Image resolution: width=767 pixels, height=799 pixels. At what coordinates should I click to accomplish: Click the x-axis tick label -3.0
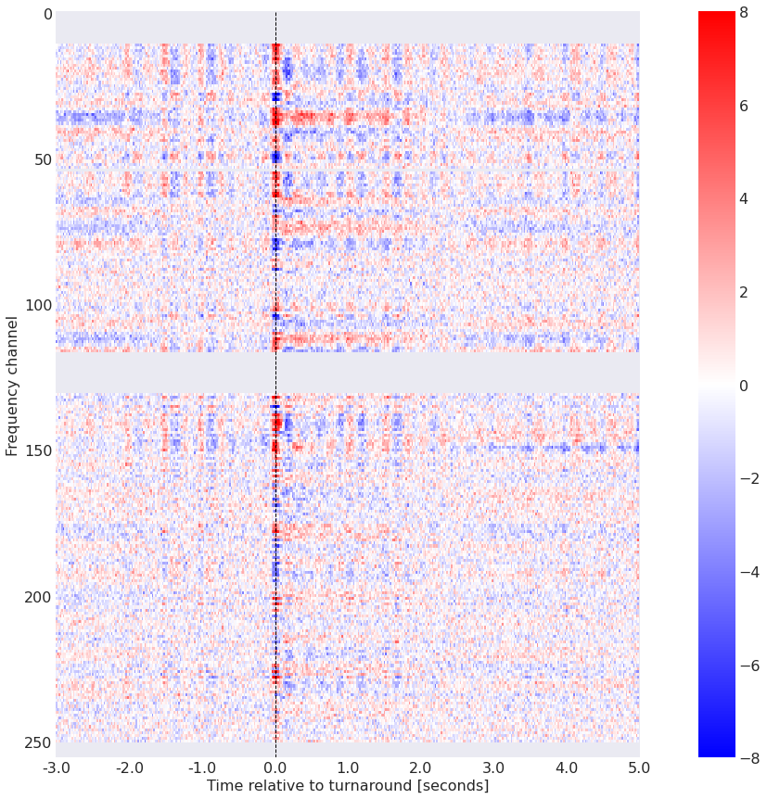[56, 768]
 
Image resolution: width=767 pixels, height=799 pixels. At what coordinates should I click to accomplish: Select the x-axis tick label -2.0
[129, 768]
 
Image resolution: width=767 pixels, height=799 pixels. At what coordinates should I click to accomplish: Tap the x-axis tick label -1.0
[202, 768]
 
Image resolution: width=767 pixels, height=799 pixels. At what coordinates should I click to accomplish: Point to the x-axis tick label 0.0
[275, 768]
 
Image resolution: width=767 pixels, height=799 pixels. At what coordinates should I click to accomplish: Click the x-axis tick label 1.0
[348, 768]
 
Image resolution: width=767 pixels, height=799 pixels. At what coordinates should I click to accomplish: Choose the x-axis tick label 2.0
[421, 768]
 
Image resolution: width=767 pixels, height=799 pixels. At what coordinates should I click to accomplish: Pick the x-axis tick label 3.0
[493, 768]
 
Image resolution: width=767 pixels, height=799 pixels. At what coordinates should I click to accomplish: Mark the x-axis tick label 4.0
[567, 768]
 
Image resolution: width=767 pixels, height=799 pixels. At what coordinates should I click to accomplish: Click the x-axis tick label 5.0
[639, 768]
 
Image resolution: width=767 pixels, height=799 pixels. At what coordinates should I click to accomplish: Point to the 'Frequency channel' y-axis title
[12, 385]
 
